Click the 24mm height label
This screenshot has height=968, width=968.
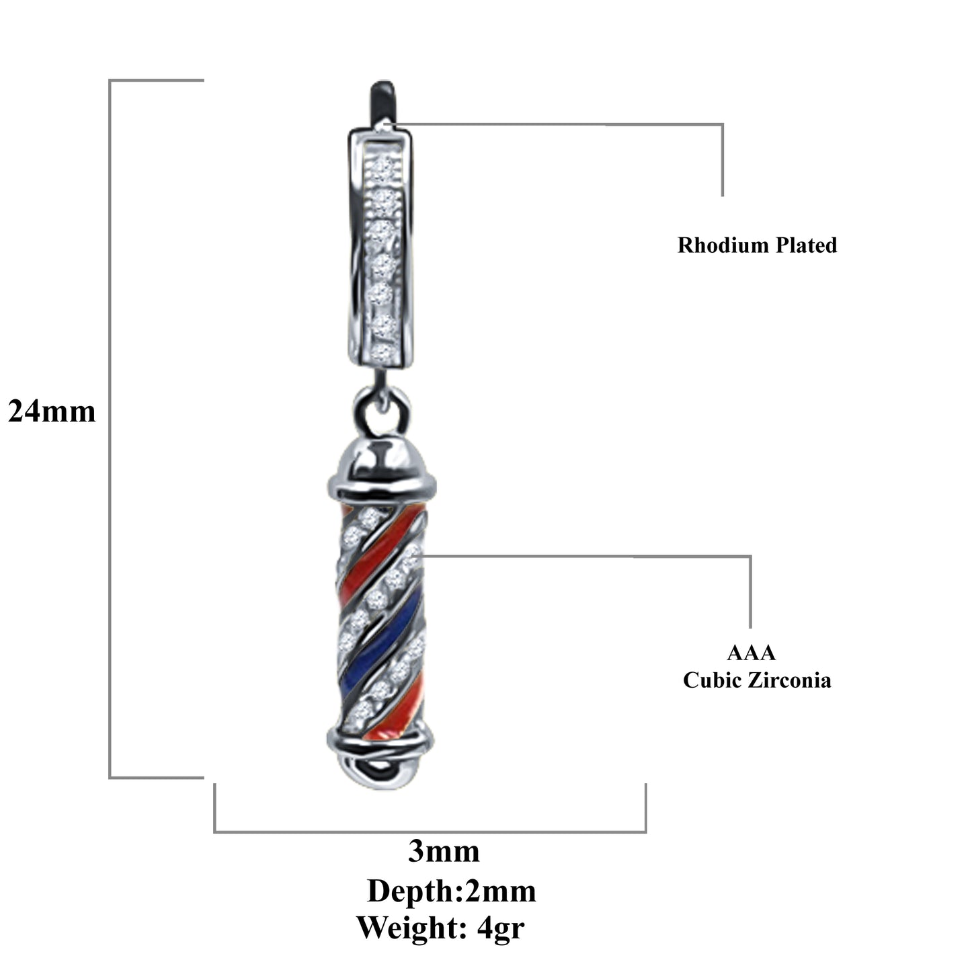coord(52,411)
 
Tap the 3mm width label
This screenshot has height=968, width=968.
coord(444,852)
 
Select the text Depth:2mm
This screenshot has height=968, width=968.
coord(451,891)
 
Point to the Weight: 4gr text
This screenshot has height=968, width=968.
coord(440,928)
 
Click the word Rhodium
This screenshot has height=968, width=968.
coord(723,245)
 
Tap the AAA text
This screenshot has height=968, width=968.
coord(751,653)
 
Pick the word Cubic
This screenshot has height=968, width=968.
coord(711,680)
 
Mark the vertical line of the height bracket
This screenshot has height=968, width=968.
coord(110,430)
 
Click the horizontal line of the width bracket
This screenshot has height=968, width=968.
coord(430,832)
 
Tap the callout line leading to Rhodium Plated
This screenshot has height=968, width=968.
coord(605,124)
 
